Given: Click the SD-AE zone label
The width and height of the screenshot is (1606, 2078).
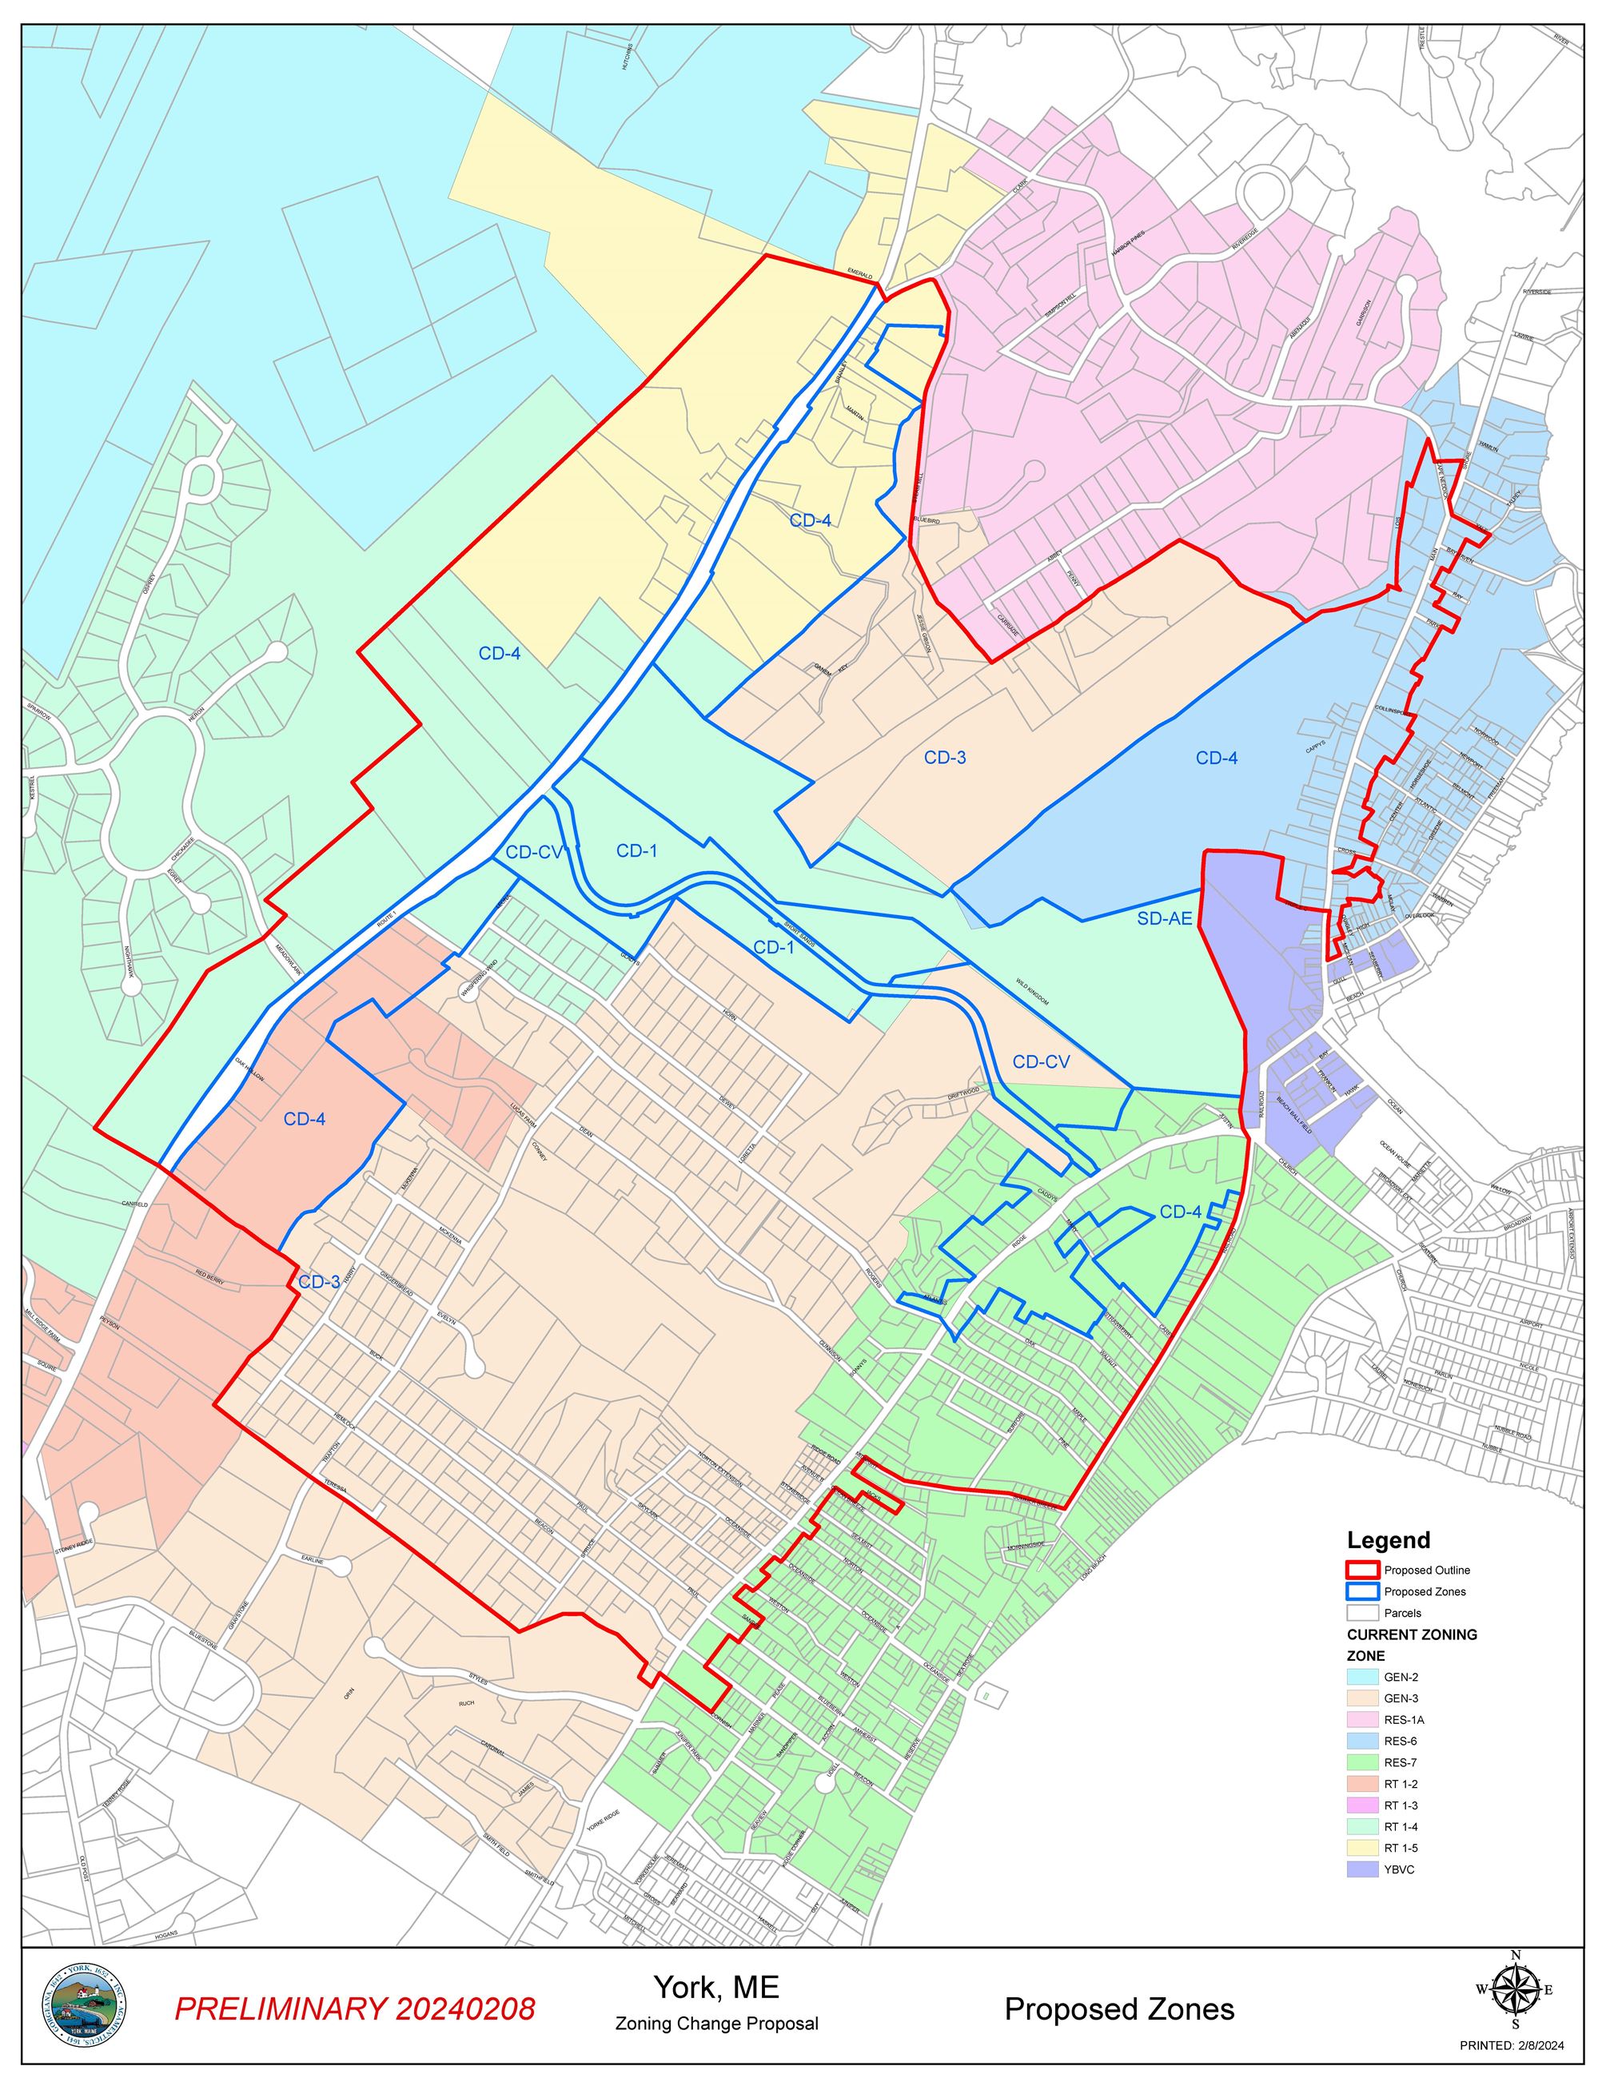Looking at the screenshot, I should pos(1165,918).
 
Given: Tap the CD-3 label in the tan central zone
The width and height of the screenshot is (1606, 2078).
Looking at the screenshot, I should pos(945,758).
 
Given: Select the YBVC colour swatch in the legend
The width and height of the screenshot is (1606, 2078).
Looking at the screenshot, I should pos(1362,1869).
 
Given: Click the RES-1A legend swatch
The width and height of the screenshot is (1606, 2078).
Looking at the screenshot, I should pos(1362,1719).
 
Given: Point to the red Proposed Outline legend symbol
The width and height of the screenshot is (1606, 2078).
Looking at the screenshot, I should pos(1362,1570).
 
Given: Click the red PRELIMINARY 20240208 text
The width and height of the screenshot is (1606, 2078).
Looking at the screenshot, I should pos(355,2008).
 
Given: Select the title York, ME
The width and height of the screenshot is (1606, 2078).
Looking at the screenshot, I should pos(715,1987).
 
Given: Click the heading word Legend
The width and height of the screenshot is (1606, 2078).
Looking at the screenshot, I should pos(1388,1540).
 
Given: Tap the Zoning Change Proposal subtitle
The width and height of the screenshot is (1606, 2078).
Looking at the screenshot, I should pos(715,2023).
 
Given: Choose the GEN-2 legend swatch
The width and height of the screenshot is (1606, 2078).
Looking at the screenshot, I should pos(1362,1677).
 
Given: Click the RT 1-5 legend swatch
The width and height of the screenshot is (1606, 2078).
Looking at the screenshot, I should pos(1362,1848).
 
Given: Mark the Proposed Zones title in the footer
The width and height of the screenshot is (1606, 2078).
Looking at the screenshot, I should pos(1119,2008).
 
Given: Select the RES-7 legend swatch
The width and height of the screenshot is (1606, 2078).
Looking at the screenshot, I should pos(1362,1762).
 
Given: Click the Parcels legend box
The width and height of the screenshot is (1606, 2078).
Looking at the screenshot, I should pos(1362,1613).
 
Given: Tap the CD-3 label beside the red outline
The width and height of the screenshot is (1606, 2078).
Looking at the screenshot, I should pos(319,1282).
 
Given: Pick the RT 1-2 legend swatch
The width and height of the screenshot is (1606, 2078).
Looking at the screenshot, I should pos(1362,1784).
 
